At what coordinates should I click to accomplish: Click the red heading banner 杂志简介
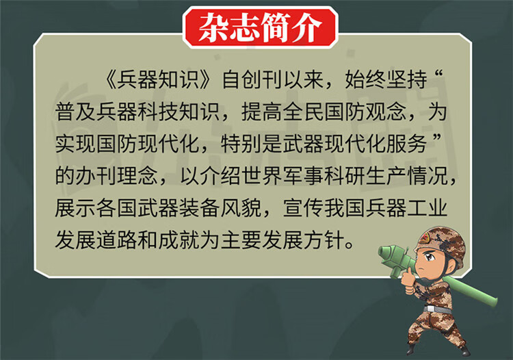[261, 28]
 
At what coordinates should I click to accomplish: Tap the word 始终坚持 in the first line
[386, 79]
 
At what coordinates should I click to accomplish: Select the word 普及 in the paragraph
[75, 112]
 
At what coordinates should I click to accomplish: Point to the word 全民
[304, 112]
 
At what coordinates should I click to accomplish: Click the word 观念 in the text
[386, 112]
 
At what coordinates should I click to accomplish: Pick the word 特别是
[252, 144]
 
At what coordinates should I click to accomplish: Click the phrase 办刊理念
[117, 176]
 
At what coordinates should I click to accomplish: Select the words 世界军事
[282, 176]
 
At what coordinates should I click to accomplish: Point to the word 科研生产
[365, 176]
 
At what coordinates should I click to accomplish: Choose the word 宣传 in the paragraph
[304, 208]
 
